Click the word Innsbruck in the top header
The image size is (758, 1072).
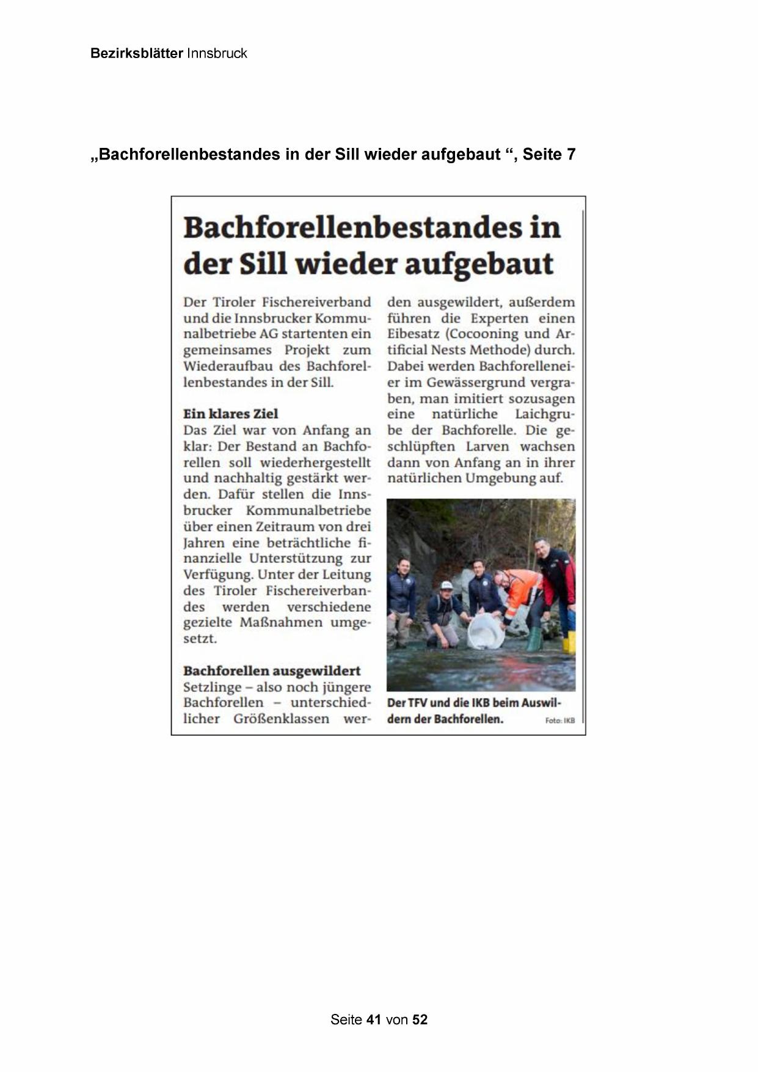[217, 53]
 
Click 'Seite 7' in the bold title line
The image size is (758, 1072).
[548, 154]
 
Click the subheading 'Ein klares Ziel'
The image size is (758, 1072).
[230, 414]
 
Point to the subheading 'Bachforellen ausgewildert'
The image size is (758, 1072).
[272, 670]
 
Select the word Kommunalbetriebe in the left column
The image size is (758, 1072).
[308, 510]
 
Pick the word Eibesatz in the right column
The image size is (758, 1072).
[412, 334]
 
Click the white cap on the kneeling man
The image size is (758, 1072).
[446, 585]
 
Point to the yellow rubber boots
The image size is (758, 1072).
[569, 642]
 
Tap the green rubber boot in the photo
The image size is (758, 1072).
[534, 639]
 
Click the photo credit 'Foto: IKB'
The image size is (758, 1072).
[559, 721]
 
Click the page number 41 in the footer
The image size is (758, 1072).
[374, 1019]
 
